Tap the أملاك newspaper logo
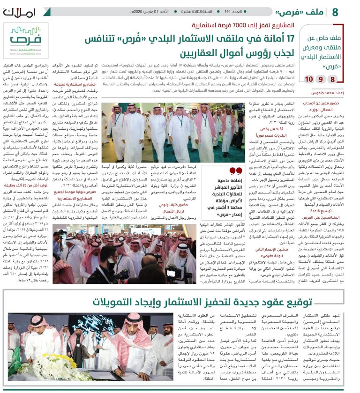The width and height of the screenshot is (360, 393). (x=18, y=11)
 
